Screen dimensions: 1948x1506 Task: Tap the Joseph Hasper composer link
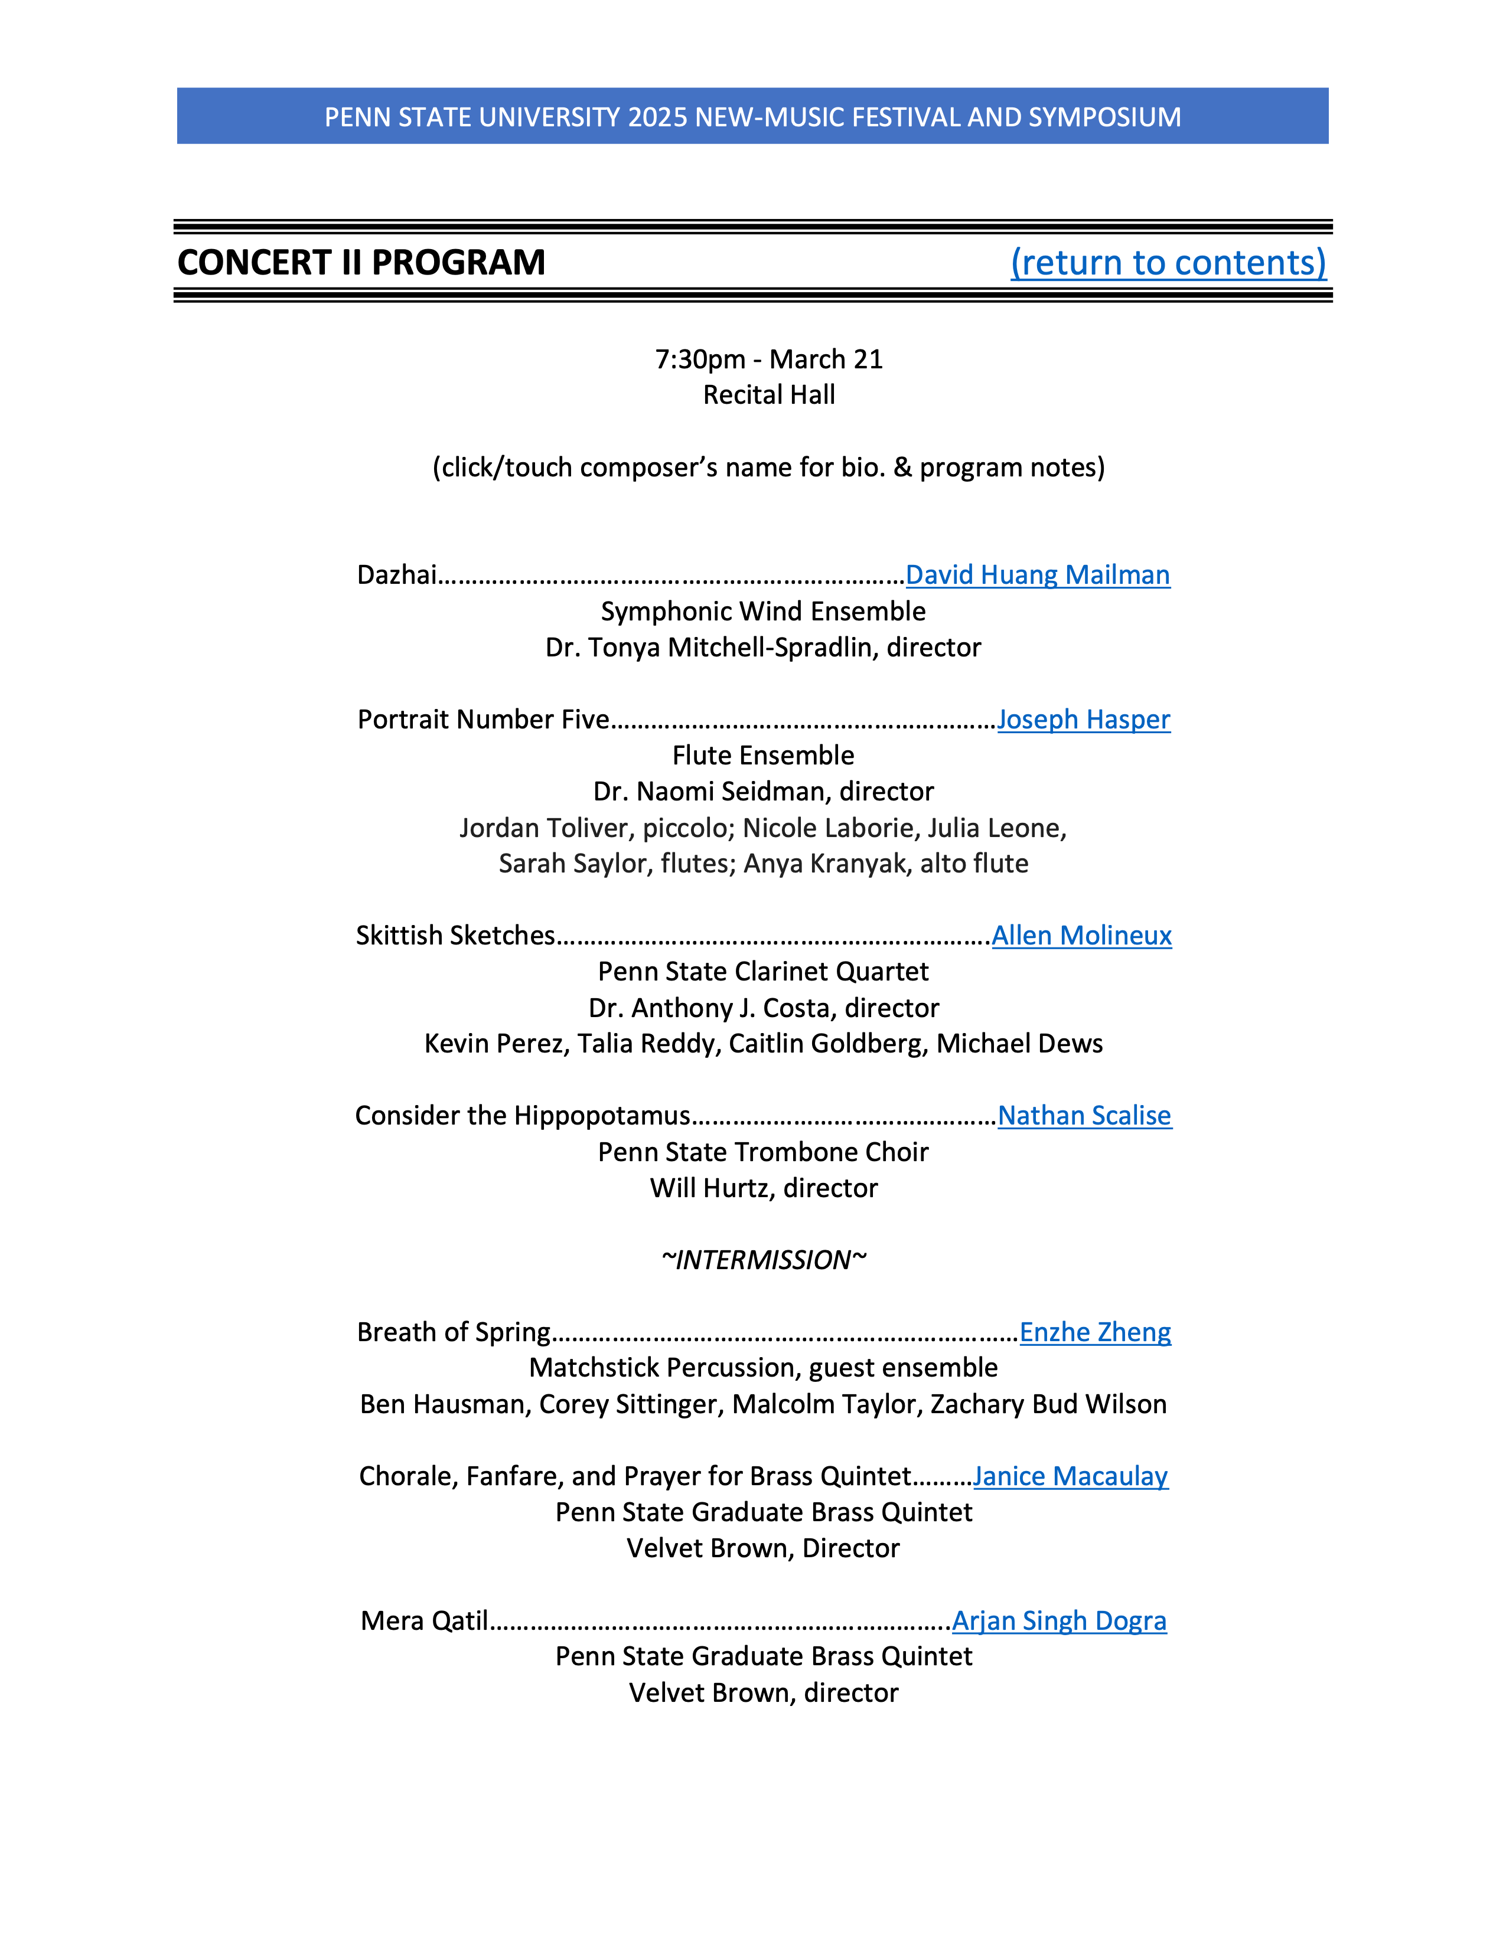click(1083, 719)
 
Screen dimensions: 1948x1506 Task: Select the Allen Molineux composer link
click(1081, 935)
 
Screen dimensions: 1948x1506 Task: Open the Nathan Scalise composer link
click(1084, 1115)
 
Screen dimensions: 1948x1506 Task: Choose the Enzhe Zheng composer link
click(1095, 1332)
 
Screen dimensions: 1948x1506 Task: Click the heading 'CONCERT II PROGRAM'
click(361, 262)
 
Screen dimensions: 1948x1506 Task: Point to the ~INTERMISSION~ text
click(764, 1260)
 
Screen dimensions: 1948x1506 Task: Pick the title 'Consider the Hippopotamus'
click(523, 1115)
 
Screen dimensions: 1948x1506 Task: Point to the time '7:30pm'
click(699, 359)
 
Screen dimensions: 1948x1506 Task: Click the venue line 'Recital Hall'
click(769, 395)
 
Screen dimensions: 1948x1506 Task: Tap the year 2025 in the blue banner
click(657, 117)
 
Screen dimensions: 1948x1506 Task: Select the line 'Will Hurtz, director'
click(764, 1188)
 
